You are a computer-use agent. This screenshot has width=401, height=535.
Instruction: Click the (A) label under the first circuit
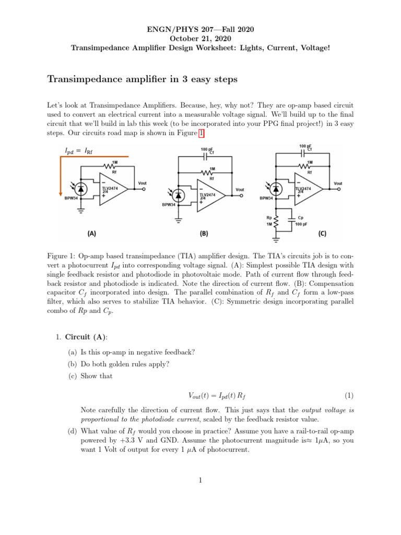(x=92, y=235)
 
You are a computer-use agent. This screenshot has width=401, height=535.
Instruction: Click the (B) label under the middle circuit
(x=204, y=235)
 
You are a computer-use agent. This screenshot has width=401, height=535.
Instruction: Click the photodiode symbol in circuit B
(x=180, y=195)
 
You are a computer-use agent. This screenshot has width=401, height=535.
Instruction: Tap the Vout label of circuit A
(x=143, y=182)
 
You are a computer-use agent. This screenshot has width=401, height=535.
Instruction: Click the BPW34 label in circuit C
(x=266, y=199)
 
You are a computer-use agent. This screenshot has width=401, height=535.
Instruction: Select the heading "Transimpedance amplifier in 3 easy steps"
(x=143, y=79)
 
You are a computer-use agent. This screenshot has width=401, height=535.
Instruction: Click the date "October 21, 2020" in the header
(x=200, y=39)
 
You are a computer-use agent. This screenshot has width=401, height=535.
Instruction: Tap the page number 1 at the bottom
(x=200, y=481)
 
